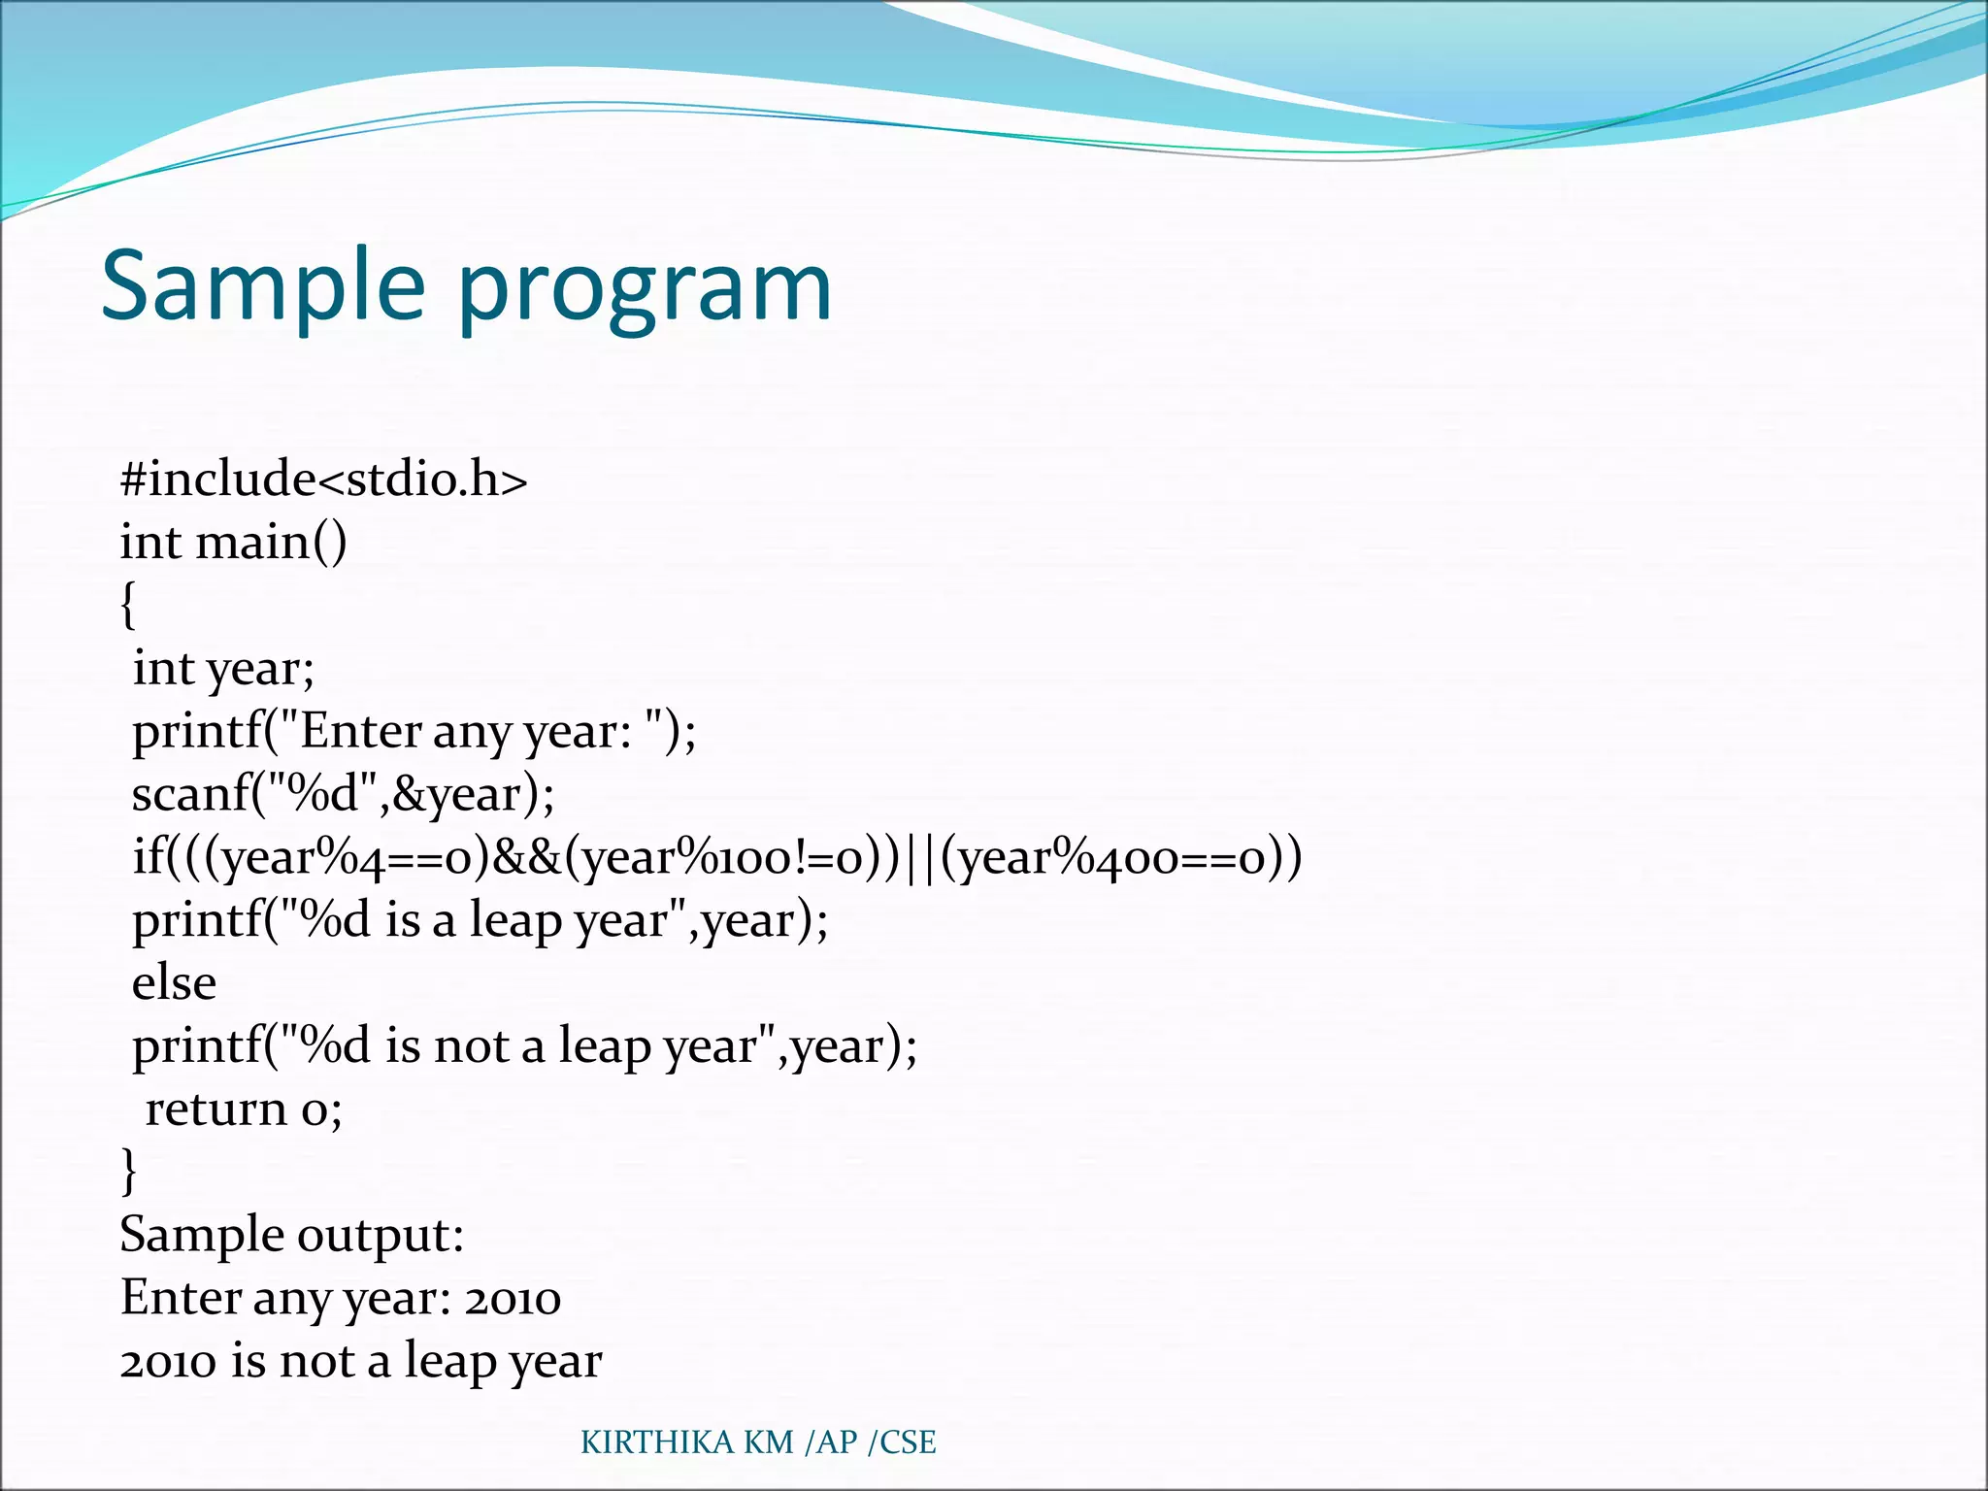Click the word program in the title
tap(644, 291)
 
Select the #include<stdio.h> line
tap(323, 480)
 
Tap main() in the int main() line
tap(271, 542)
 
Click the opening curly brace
tap(128, 606)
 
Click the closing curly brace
tap(128, 1170)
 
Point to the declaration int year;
tap(223, 669)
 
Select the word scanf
tap(191, 794)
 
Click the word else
tap(174, 982)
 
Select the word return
tap(215, 1109)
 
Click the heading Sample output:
tap(291, 1235)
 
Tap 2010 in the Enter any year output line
tap(513, 1299)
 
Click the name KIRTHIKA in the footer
tap(657, 1442)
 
